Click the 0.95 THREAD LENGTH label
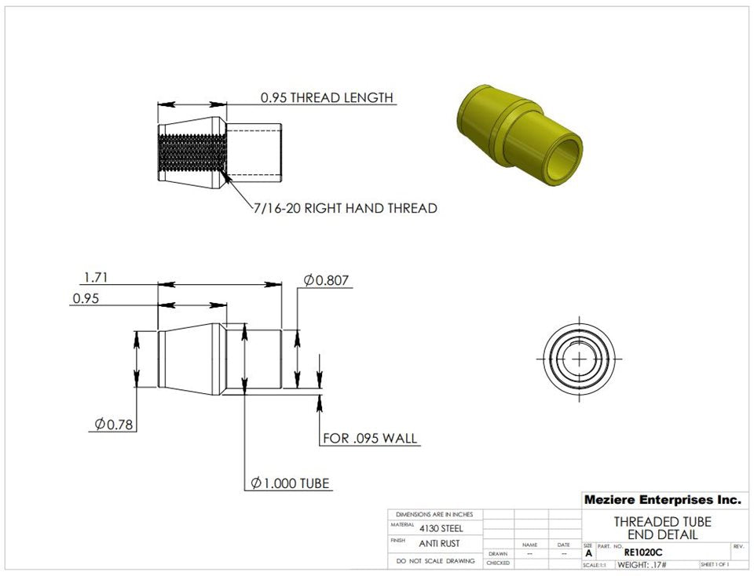point(326,98)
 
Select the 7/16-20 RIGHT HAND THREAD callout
point(345,209)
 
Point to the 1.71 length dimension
point(95,277)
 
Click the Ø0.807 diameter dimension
point(326,280)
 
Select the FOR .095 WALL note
point(370,438)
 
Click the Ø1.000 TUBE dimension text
point(291,483)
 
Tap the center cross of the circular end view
point(580,358)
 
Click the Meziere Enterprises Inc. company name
point(662,500)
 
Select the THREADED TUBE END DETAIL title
point(662,528)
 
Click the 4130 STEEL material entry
point(441,528)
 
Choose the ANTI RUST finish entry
point(439,543)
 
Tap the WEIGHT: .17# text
point(642,565)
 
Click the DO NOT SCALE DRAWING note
point(435,561)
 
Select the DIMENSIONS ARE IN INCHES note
point(434,515)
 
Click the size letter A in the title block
point(589,553)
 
